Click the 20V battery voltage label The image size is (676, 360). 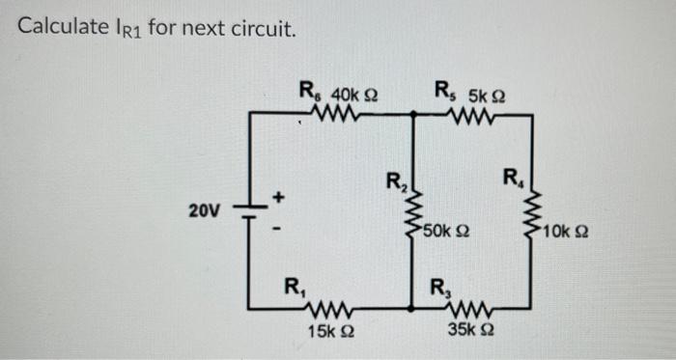[x=205, y=209]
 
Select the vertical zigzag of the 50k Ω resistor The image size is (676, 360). [x=413, y=209]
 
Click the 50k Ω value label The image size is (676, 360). [x=446, y=232]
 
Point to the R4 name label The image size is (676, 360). [x=512, y=179]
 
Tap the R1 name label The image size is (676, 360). [x=292, y=287]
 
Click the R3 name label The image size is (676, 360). [x=438, y=287]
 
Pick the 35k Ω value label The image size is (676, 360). [x=469, y=331]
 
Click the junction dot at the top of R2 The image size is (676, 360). [x=413, y=114]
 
